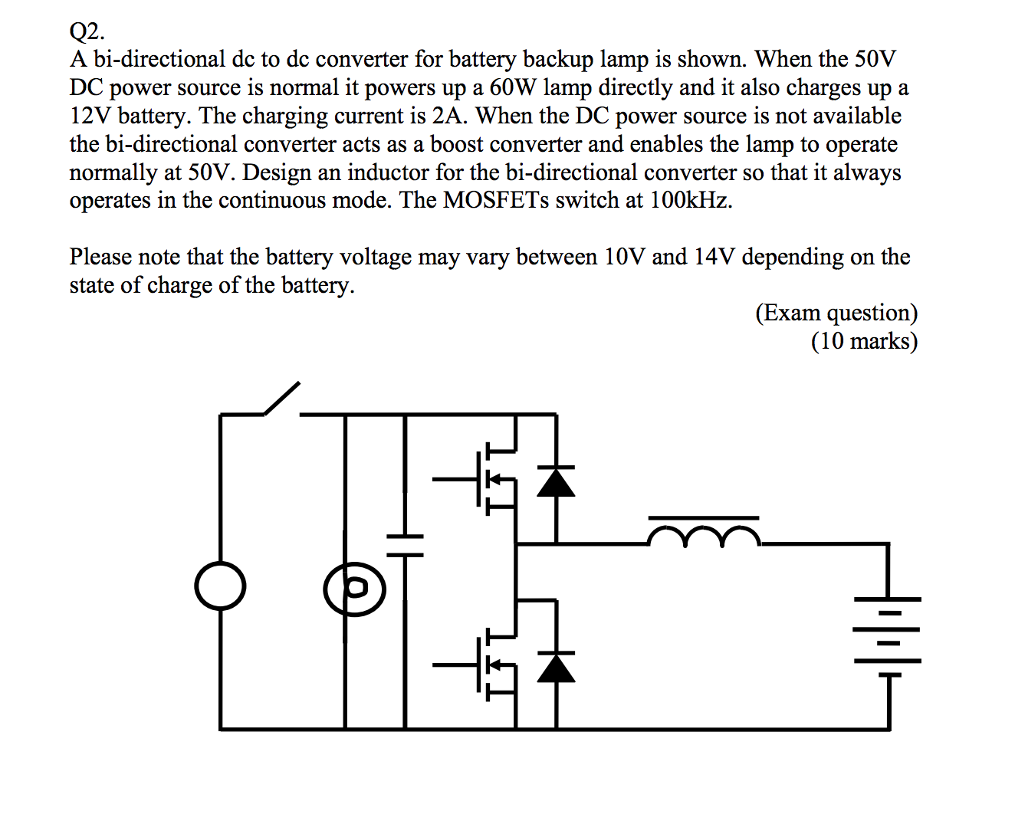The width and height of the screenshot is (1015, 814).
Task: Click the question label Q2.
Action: click(87, 31)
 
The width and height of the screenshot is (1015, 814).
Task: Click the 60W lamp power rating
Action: click(514, 87)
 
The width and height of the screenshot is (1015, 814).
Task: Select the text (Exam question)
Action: click(836, 313)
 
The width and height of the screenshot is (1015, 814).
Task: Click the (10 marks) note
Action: click(864, 341)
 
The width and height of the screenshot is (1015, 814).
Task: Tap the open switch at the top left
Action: click(281, 399)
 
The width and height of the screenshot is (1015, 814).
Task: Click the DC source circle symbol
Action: click(220, 587)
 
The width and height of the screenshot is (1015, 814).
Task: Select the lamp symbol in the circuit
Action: click(354, 589)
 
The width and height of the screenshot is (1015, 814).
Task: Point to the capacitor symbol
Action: click(405, 545)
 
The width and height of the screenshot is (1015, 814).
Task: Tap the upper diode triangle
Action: click(556, 481)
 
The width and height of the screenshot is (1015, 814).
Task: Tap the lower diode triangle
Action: click(556, 667)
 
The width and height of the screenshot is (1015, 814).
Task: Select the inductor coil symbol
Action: click(704, 537)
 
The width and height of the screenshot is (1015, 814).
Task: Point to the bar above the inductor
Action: click(704, 518)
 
